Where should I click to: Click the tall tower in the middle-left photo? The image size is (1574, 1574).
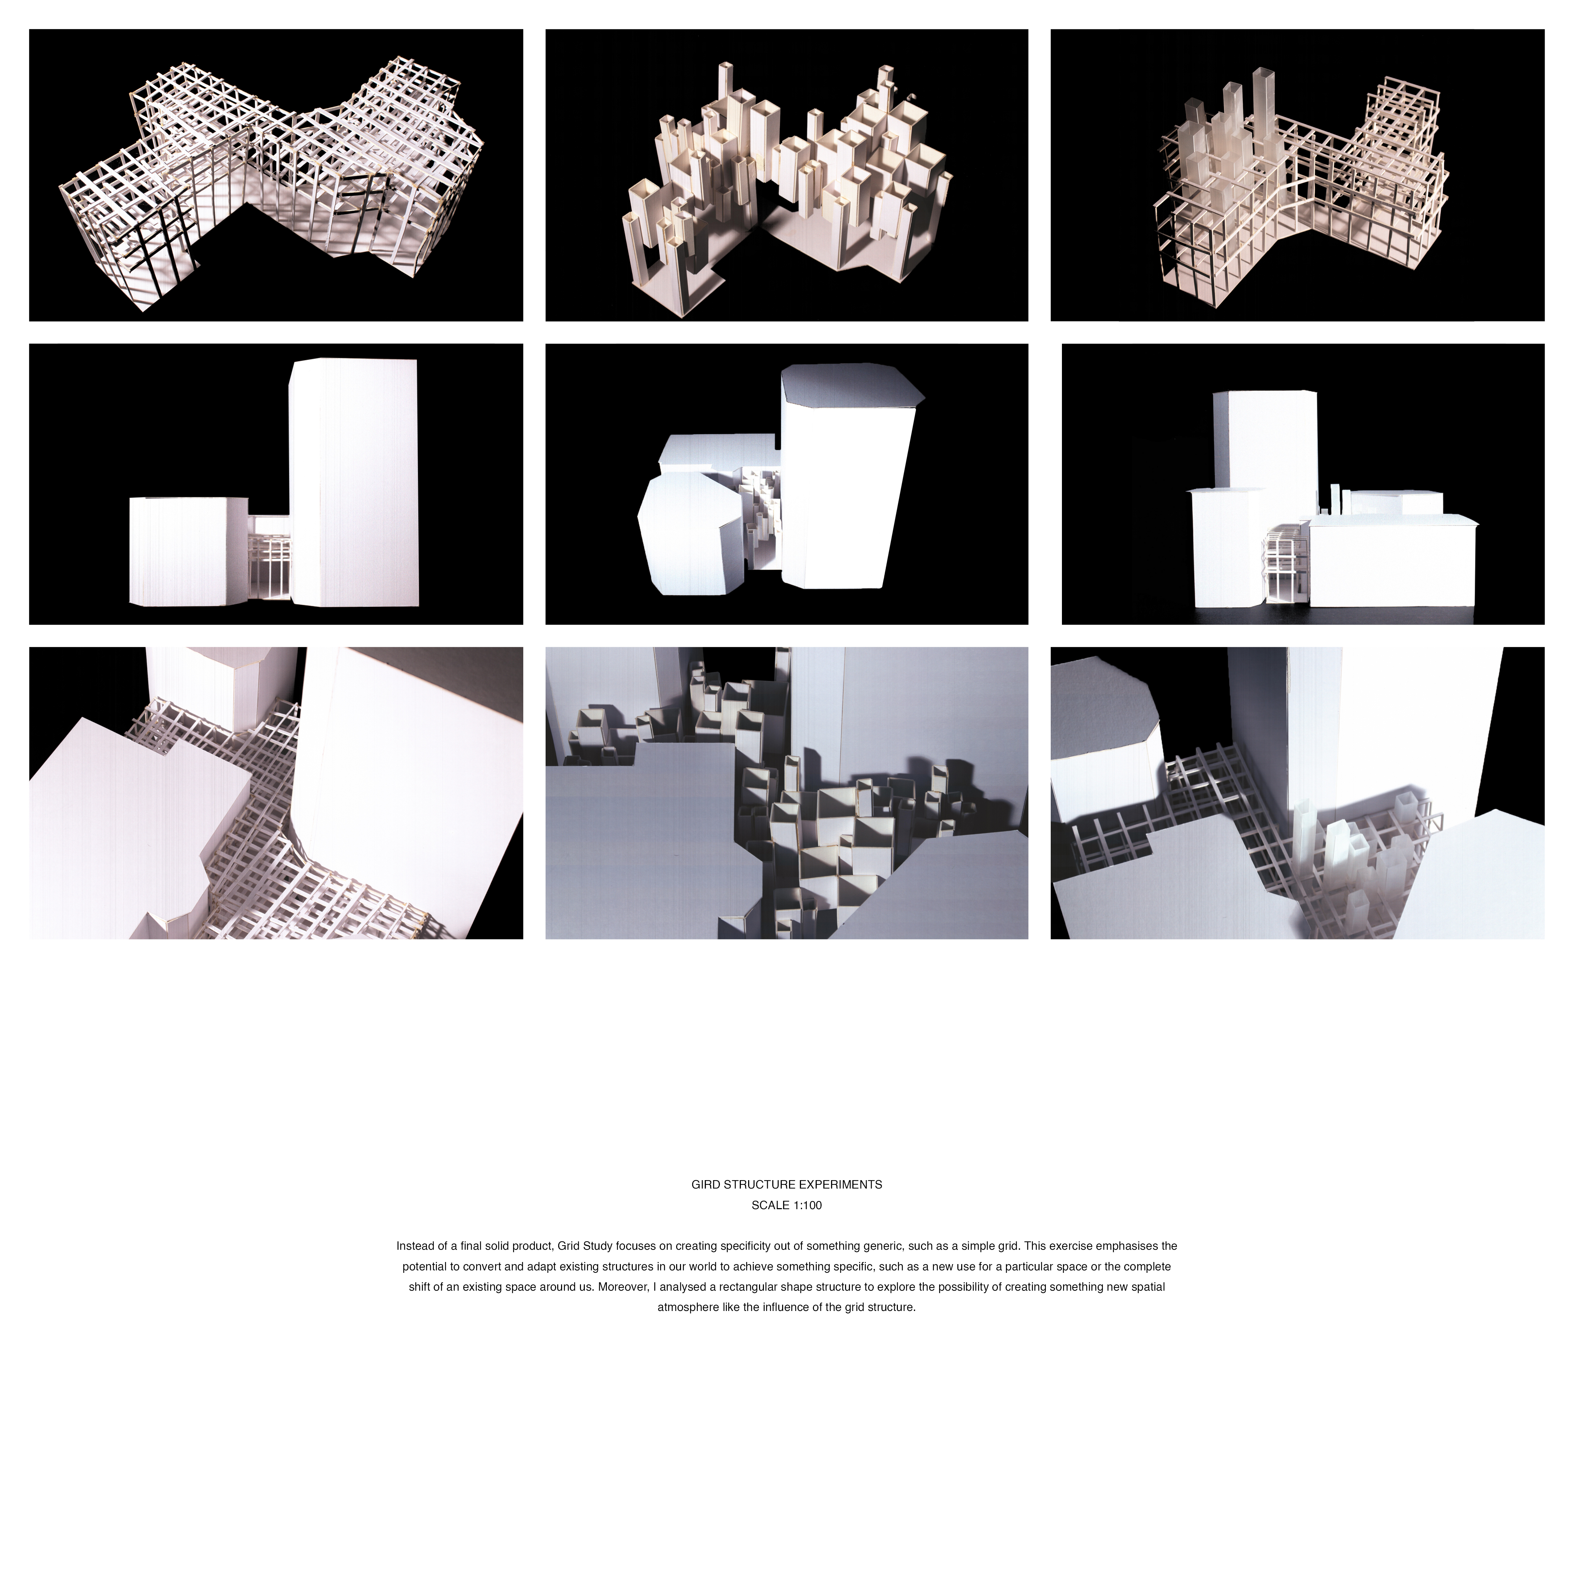click(x=354, y=483)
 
